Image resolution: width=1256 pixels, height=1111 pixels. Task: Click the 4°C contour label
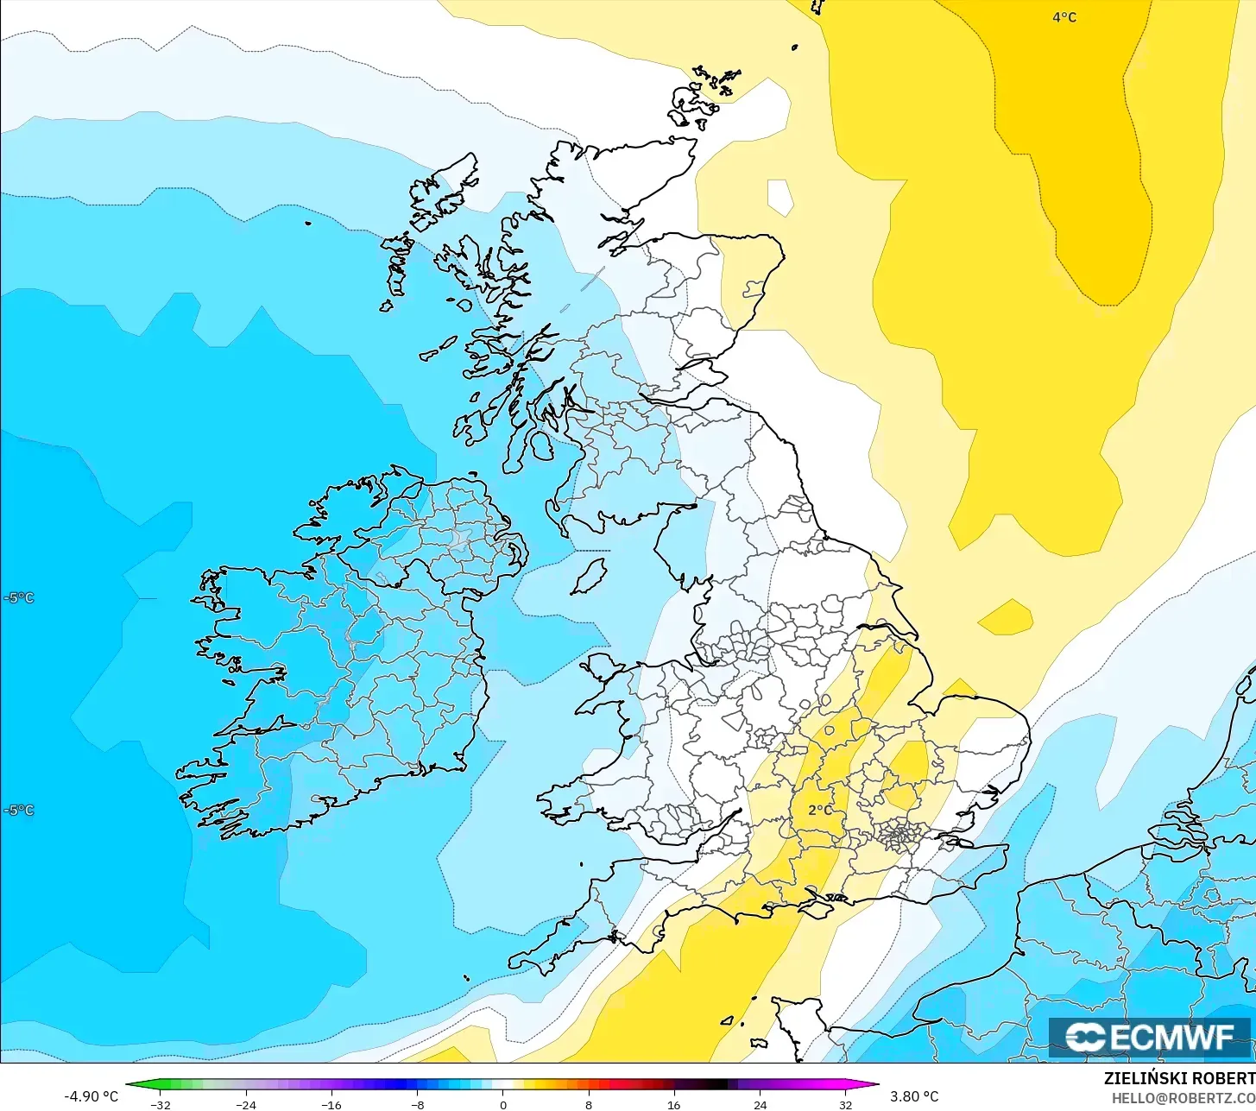pyautogui.click(x=1063, y=17)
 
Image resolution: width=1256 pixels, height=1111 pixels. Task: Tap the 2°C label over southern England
pyautogui.click(x=820, y=811)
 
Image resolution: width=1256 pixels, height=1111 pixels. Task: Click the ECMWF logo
pyautogui.click(x=1149, y=1037)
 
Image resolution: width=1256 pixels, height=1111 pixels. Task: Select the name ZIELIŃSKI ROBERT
pyautogui.click(x=1178, y=1078)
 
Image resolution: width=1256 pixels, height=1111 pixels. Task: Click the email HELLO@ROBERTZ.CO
pyautogui.click(x=1183, y=1097)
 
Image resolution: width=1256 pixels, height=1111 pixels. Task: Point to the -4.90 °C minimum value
pyautogui.click(x=91, y=1096)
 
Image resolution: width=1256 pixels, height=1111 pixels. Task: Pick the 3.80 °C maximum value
pyautogui.click(x=914, y=1096)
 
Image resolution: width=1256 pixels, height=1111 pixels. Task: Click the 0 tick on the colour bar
pyautogui.click(x=502, y=1105)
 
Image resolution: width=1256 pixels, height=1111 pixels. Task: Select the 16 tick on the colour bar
pyautogui.click(x=673, y=1105)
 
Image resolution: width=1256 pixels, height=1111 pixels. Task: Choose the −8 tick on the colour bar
pyautogui.click(x=417, y=1105)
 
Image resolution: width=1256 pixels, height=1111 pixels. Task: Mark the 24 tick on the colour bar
pyautogui.click(x=760, y=1105)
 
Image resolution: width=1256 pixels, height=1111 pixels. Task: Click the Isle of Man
pyautogui.click(x=590, y=577)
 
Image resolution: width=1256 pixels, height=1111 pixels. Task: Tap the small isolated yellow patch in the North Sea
pyautogui.click(x=1006, y=616)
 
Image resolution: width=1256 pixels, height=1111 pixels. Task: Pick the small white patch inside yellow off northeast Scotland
pyautogui.click(x=779, y=197)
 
